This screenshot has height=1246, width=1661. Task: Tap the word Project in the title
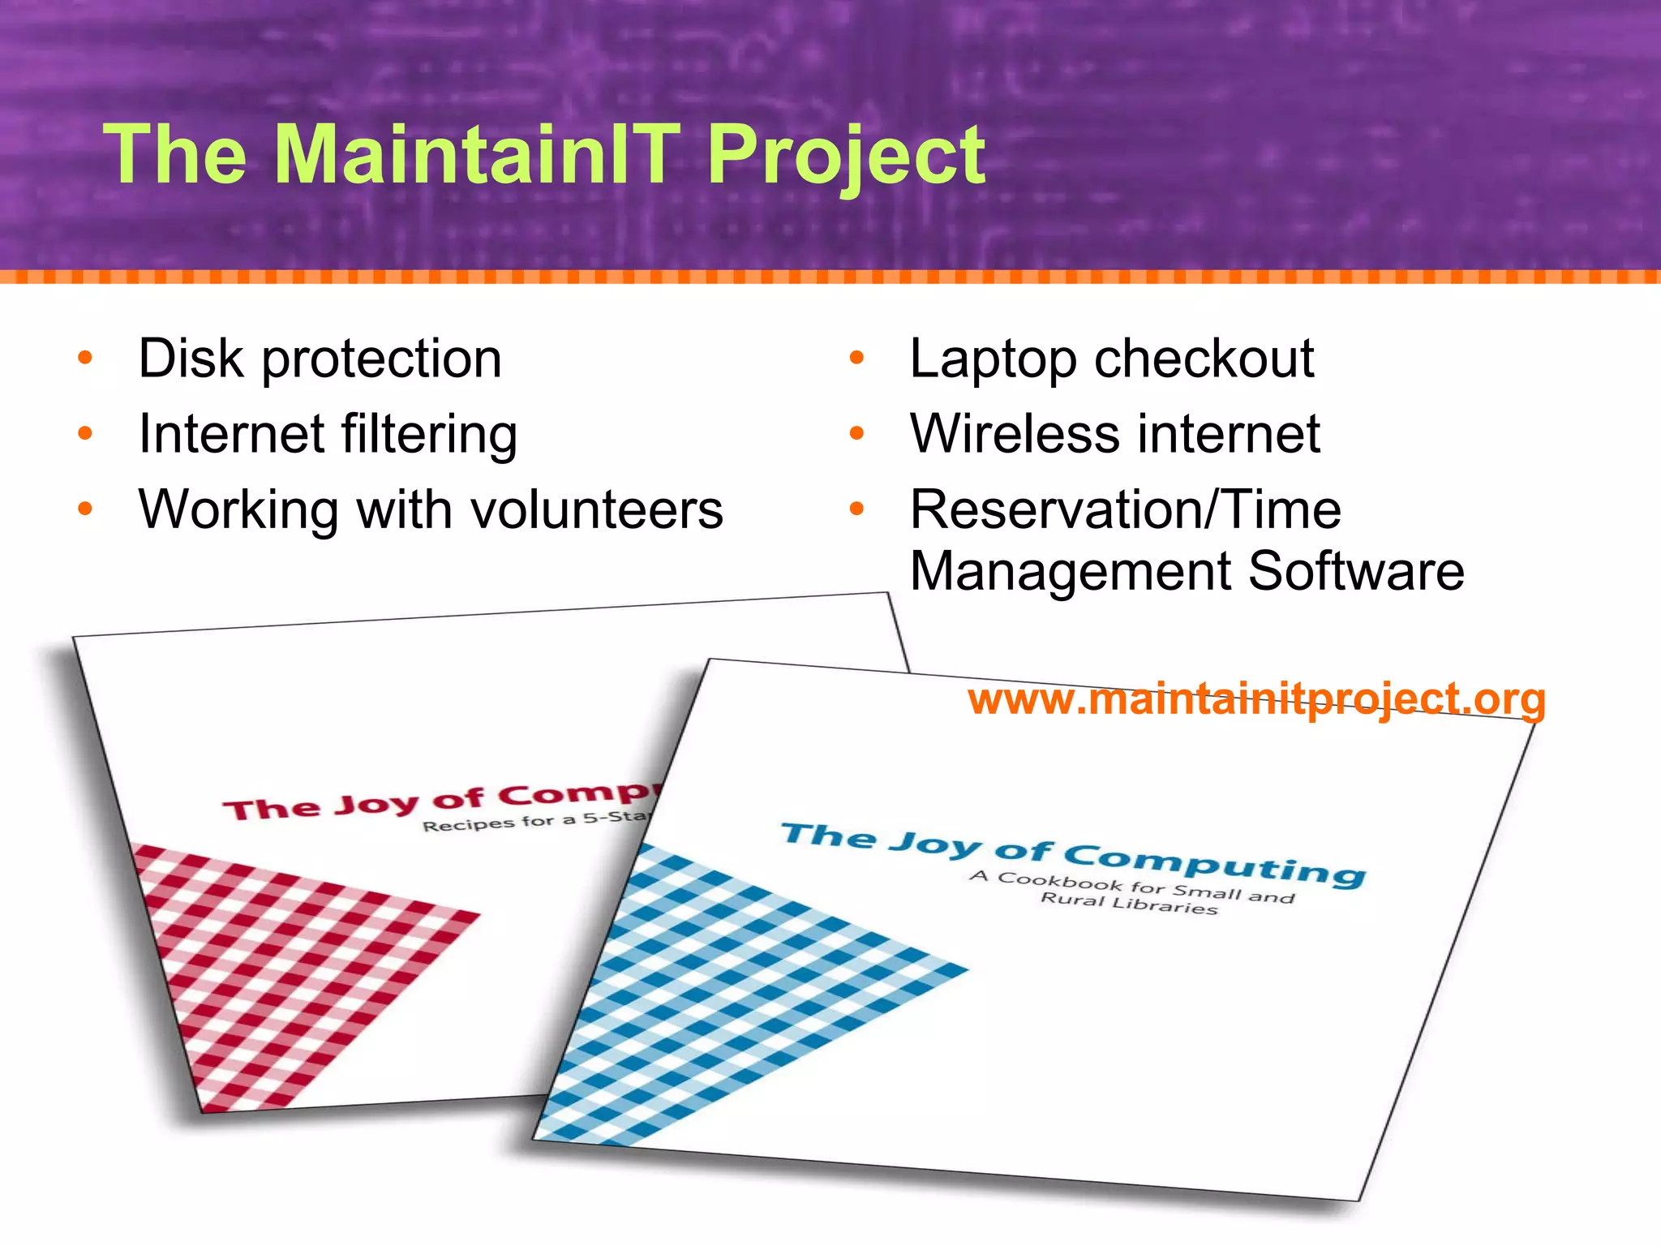(x=846, y=156)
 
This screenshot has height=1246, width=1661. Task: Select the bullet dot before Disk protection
(x=85, y=359)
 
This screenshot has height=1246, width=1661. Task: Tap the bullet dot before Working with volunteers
(x=85, y=509)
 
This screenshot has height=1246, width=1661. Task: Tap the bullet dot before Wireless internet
(x=857, y=434)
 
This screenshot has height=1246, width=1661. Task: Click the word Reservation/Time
(x=1125, y=509)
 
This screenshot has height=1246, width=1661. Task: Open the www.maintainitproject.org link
(x=1256, y=699)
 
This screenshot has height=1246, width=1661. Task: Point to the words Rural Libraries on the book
(x=1128, y=904)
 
